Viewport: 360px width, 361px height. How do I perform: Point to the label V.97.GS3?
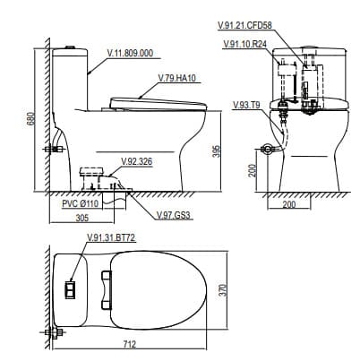coord(172,216)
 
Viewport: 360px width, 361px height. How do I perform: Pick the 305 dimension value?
coord(81,218)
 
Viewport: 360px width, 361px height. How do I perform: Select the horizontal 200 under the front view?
coord(288,205)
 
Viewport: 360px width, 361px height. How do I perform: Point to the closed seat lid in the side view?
coord(157,100)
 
